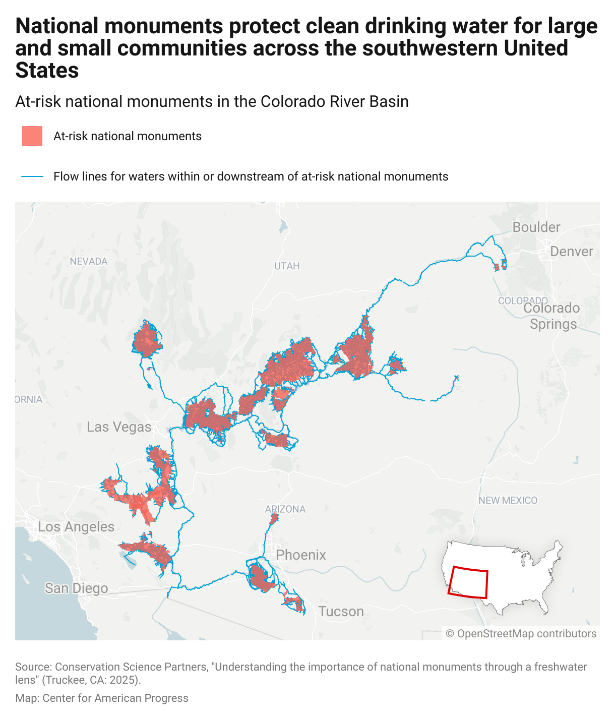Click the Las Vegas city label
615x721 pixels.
[x=119, y=427]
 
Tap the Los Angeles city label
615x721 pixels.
[x=76, y=527]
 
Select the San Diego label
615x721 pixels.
[x=76, y=588]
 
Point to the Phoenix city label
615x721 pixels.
[x=301, y=555]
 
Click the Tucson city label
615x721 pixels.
[x=341, y=612]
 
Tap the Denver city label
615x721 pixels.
[x=572, y=252]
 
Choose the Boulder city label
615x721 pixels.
[x=536, y=227]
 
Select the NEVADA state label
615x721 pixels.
[x=89, y=261]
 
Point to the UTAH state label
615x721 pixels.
[x=287, y=266]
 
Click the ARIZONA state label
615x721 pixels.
[x=285, y=509]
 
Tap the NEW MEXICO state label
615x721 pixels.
[x=508, y=501]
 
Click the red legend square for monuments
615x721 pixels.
[x=32, y=136]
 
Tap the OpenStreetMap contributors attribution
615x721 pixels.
[x=521, y=634]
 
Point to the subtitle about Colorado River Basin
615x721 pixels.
[x=212, y=101]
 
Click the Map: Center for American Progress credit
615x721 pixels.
[x=102, y=698]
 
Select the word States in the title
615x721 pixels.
[x=47, y=71]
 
